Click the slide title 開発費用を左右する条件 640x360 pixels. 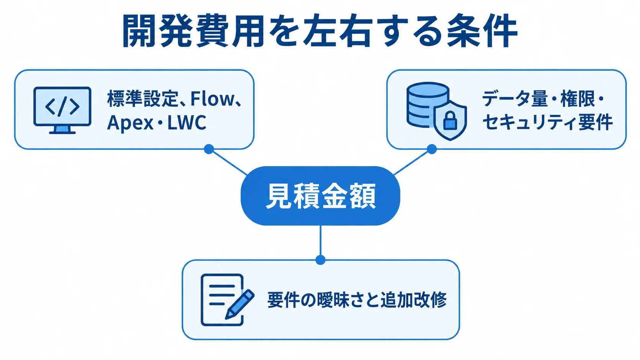point(320,31)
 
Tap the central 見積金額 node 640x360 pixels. point(320,196)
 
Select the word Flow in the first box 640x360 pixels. point(212,98)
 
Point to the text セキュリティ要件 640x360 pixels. point(547,122)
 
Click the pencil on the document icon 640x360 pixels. point(240,304)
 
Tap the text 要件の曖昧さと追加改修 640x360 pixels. point(357,300)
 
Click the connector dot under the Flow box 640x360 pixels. point(209,149)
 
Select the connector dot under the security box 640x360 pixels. point(432,149)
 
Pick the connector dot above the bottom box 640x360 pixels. point(320,260)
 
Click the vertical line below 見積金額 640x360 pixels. point(320,240)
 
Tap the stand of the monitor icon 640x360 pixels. point(62,130)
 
